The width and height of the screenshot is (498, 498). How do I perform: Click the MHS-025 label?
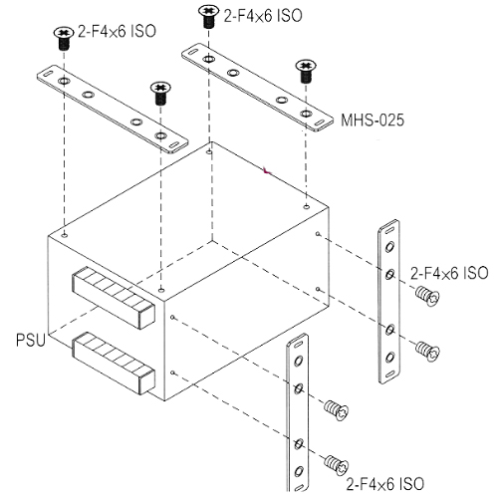(x=373, y=120)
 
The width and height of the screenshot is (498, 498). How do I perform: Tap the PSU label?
(x=30, y=341)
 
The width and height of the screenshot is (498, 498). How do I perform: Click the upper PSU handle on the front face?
(x=114, y=297)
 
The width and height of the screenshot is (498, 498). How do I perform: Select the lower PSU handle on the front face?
(x=114, y=363)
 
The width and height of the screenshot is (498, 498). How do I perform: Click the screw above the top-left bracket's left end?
(x=64, y=38)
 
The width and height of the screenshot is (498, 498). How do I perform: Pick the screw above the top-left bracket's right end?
(x=160, y=94)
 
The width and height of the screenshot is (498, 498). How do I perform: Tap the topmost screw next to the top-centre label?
(x=208, y=16)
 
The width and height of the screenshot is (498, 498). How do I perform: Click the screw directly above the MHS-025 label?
(x=306, y=71)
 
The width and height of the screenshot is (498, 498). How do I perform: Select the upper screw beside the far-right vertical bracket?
(x=427, y=296)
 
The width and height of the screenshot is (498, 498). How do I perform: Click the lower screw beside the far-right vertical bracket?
(x=427, y=351)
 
